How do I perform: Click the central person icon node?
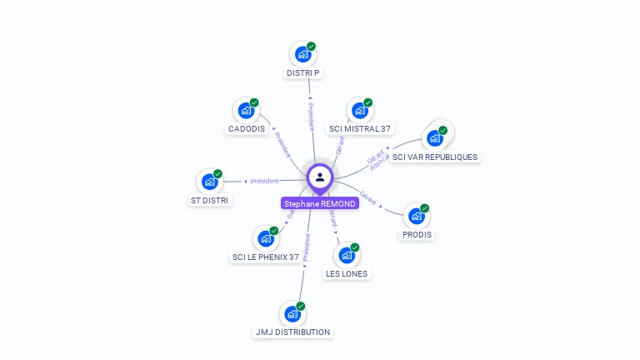point(320,177)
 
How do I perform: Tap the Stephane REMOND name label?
point(320,203)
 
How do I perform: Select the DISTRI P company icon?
point(302,54)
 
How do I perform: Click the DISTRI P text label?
point(303,73)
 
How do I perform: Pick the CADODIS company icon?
point(246,110)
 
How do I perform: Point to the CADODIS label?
point(247,129)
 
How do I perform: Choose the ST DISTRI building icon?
point(209,182)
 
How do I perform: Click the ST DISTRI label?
point(210,201)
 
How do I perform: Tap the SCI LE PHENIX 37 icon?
point(266,238)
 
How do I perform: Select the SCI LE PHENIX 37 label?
point(266,257)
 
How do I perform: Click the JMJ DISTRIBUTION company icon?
point(292,313)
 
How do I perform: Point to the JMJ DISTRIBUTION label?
point(292,332)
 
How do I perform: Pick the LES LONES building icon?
point(346,255)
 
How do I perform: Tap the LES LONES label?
point(347,274)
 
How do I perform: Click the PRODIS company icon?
point(416,216)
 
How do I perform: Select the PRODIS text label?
point(417,235)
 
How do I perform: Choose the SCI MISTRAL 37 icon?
point(359,110)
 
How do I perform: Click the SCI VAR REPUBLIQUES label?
point(435,157)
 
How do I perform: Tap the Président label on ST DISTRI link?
point(265,181)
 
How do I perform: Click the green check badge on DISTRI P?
point(311,47)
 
